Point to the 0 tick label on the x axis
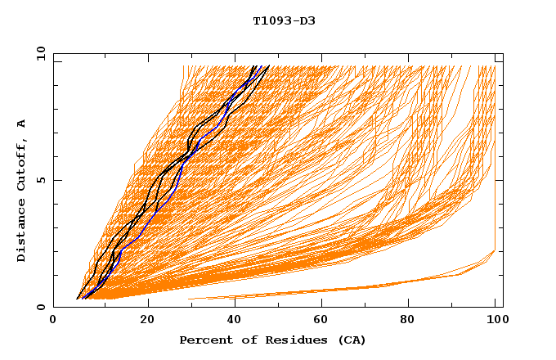point(53,321)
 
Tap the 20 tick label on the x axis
point(147,321)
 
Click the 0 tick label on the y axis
point(40,308)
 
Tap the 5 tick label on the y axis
point(40,180)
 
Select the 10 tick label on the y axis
point(40,54)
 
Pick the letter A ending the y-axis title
point(21,123)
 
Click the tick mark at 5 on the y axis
point(56,180)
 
